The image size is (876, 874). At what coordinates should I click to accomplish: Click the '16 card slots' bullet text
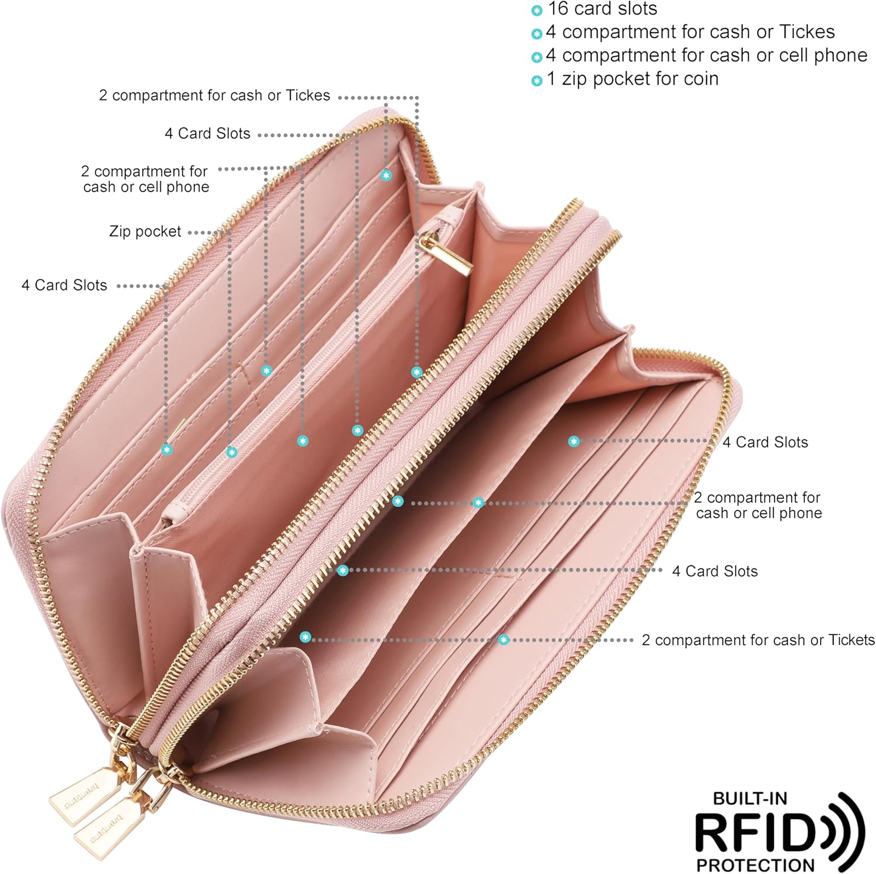pos(602,9)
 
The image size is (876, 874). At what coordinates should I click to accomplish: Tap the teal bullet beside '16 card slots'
pos(537,11)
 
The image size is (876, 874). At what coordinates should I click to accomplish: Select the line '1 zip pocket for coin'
pos(632,79)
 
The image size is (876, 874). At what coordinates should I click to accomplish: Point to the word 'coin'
pos(698,79)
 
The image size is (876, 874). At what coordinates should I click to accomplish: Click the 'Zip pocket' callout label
pos(145,231)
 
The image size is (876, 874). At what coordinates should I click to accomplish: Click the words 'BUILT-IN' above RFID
pos(750,799)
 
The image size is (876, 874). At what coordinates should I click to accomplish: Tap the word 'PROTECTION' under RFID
pos(755,865)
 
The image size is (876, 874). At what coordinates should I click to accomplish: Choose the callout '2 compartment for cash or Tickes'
pos(214,95)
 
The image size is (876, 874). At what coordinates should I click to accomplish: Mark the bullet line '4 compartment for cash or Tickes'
pos(690,32)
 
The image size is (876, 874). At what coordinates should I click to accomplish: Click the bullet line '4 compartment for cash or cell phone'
pos(707,56)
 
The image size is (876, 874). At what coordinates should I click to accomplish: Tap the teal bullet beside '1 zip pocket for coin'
pos(537,81)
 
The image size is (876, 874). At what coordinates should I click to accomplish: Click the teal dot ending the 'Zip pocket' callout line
pos(232,452)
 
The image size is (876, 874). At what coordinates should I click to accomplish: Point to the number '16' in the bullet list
pos(558,9)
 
